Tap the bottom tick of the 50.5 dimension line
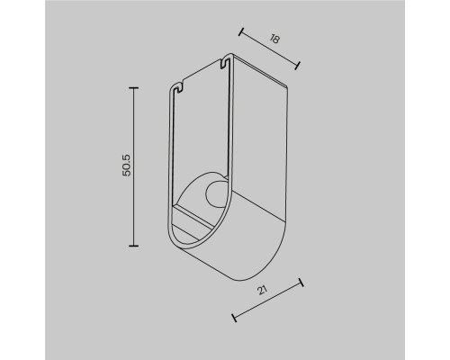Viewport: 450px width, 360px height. (x=134, y=245)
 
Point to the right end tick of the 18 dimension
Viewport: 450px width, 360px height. (x=297, y=63)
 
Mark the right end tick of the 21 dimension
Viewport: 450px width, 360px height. (x=301, y=282)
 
